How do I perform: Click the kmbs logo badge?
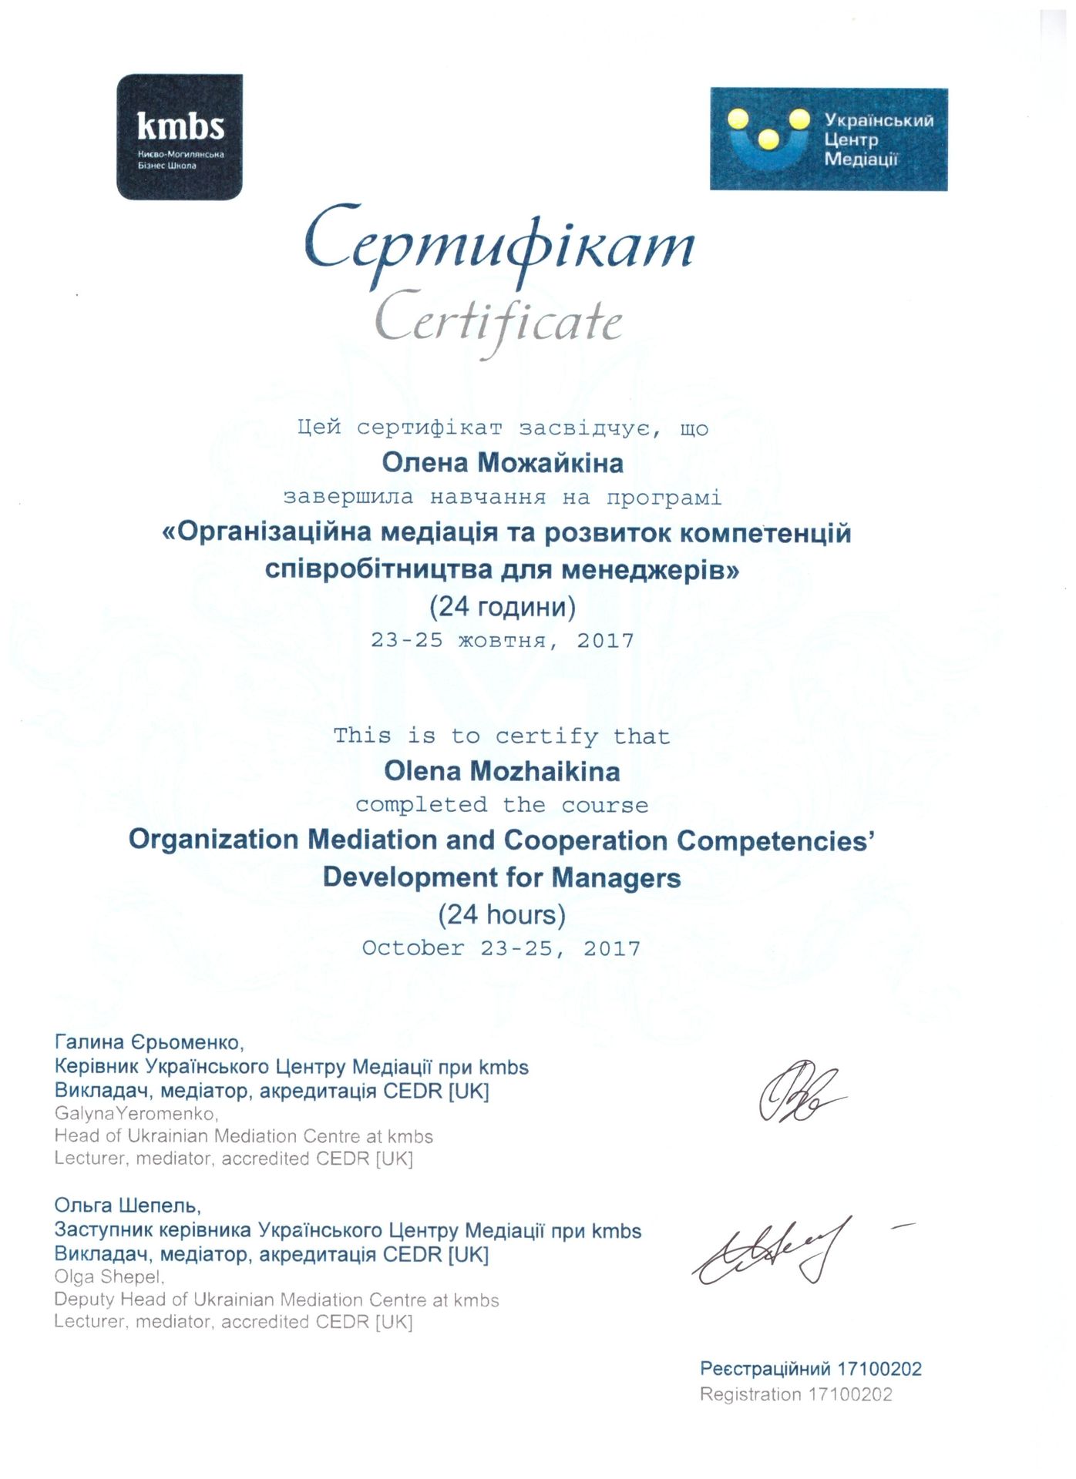180,137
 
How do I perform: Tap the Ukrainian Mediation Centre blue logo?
829,139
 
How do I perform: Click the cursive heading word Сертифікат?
499,245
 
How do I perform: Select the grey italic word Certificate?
499,322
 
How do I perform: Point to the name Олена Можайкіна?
503,463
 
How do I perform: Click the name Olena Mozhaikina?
502,771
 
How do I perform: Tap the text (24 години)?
503,607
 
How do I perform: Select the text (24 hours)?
502,914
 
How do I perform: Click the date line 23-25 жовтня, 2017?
503,641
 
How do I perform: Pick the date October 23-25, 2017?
501,948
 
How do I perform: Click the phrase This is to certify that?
502,736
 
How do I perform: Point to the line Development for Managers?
502,877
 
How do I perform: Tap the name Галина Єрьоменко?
150,1043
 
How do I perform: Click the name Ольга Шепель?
128,1205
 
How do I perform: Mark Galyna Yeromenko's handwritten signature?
799,1093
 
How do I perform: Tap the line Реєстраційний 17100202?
810,1369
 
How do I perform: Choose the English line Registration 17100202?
795,1394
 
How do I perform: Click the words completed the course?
502,806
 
